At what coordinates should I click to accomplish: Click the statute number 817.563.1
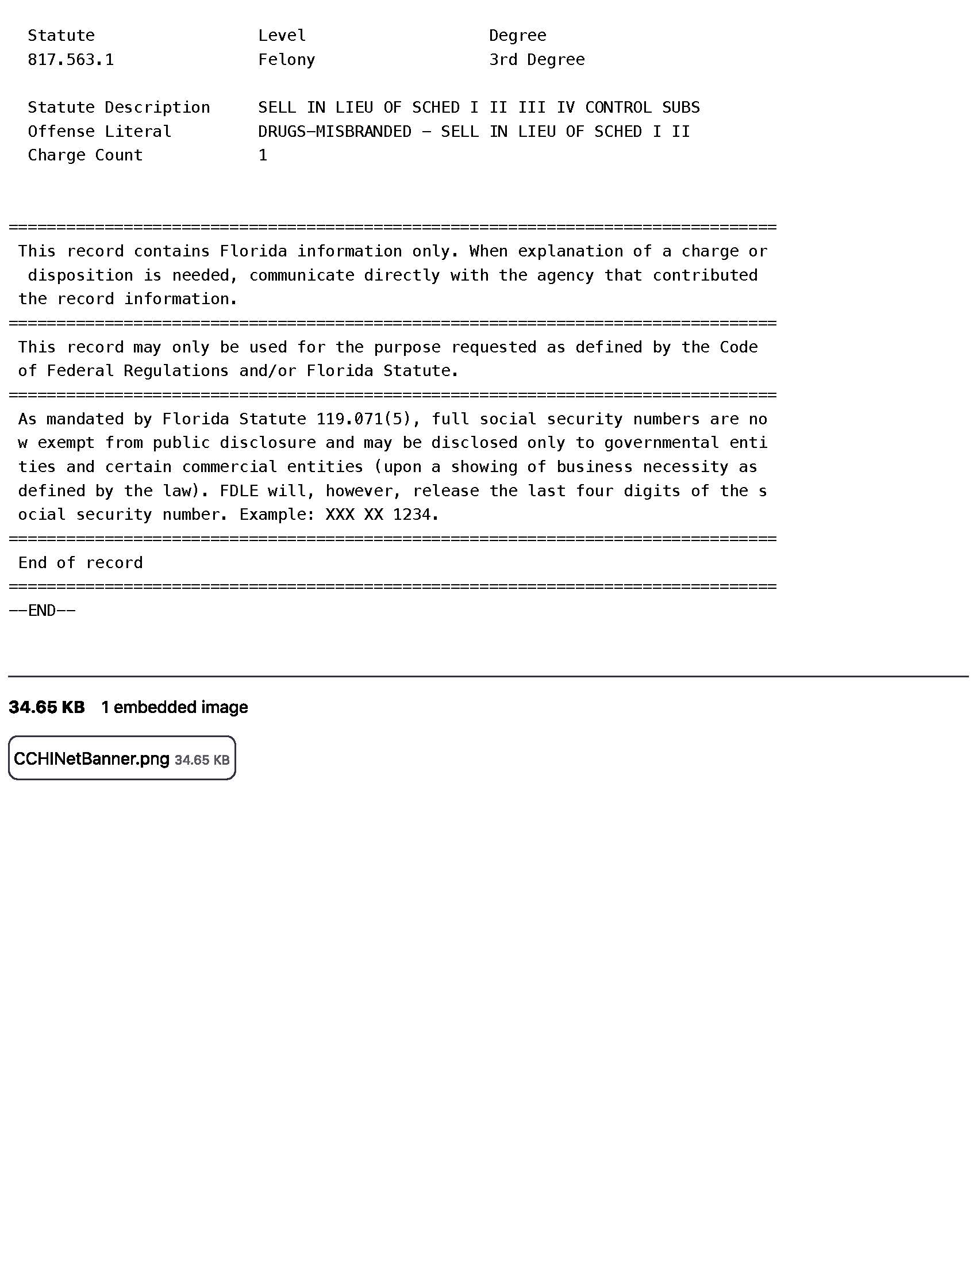tap(71, 60)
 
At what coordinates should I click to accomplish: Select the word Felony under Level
tap(287, 60)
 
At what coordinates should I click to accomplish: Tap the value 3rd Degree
tap(537, 60)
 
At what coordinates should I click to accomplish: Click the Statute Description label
tap(118, 108)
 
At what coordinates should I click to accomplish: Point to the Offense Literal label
tap(99, 132)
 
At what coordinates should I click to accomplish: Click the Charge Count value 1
tap(263, 155)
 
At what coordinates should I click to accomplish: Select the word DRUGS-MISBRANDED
tap(334, 132)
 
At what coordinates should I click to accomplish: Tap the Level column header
tap(282, 36)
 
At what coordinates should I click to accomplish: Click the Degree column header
tap(517, 36)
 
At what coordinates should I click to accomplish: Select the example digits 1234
tap(411, 515)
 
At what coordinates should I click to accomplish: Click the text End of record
tap(80, 563)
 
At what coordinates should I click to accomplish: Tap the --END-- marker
tap(43, 611)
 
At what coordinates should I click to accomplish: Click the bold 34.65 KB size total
tap(47, 707)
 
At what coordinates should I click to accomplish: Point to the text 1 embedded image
tap(174, 707)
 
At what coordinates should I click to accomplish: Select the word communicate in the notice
tap(301, 275)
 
